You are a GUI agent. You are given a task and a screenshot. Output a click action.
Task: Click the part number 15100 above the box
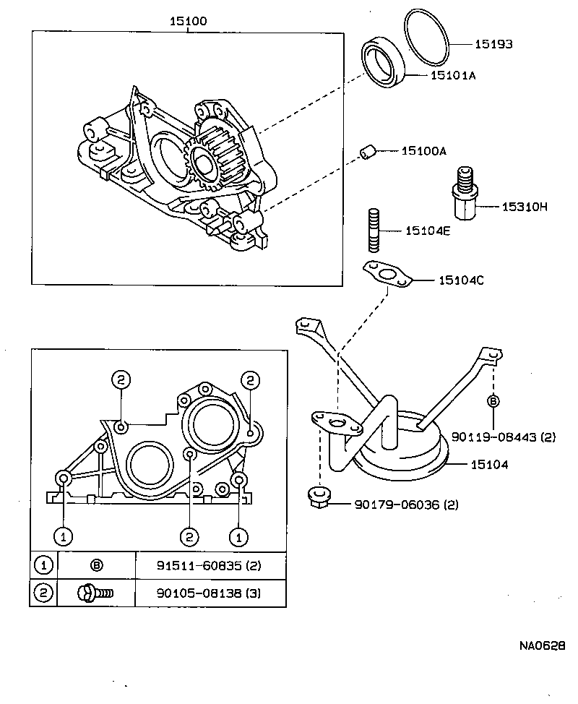(188, 22)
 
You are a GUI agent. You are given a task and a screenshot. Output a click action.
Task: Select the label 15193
(493, 44)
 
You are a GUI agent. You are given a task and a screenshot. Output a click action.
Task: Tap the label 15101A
(453, 74)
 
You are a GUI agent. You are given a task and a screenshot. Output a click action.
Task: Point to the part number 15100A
(424, 151)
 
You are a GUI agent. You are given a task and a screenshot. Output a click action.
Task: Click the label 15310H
(525, 207)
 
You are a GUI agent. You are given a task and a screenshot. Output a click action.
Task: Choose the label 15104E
(428, 231)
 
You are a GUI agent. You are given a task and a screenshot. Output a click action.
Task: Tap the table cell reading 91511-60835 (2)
(210, 565)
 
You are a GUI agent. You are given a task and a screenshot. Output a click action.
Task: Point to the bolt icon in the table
(95, 593)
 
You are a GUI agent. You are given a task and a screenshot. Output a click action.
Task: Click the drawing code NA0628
(542, 645)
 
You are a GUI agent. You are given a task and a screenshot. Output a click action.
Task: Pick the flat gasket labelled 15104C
(387, 275)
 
